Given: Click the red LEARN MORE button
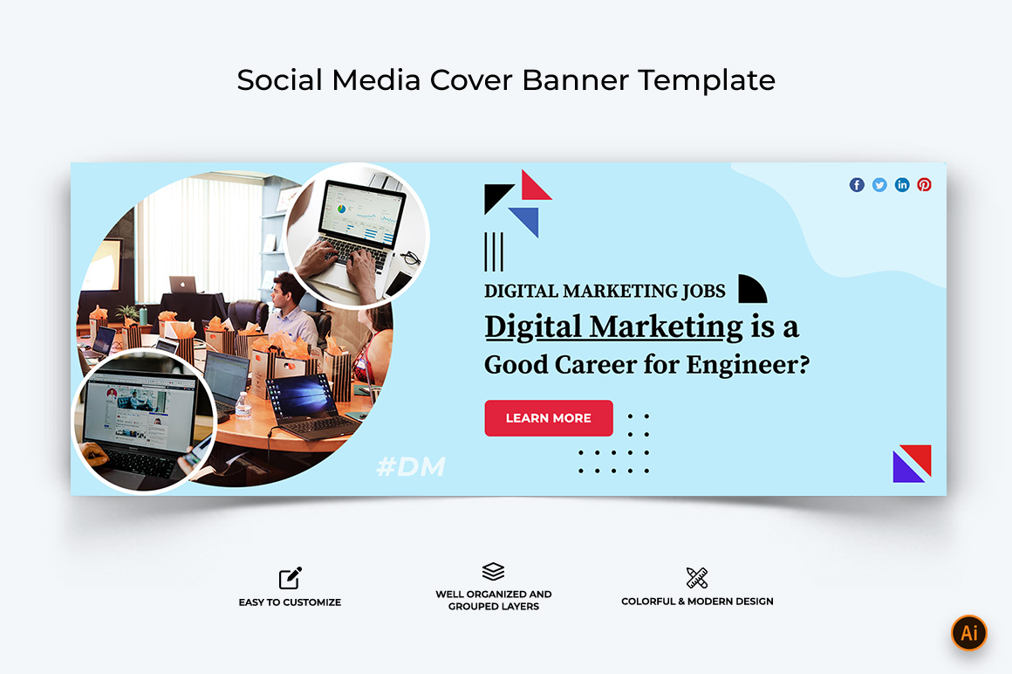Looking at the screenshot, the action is tap(549, 417).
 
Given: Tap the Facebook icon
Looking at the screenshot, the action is tap(857, 185).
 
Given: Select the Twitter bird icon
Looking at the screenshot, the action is tap(879, 185).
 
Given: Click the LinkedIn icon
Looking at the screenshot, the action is tap(901, 185).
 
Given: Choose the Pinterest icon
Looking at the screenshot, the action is tap(924, 185).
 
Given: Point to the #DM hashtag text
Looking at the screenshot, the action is tap(411, 466).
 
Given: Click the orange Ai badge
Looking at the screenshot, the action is tap(968, 633).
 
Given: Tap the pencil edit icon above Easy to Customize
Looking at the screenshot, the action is tap(291, 578).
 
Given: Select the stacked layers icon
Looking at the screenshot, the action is tap(493, 571).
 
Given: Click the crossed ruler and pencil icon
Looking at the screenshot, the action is tap(697, 578).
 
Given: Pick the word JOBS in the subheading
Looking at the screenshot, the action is tap(703, 291).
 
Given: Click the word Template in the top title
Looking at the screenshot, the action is tap(707, 80).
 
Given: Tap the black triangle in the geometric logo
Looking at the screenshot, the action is tap(497, 197).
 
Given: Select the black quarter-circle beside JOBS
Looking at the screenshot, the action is tap(752, 289).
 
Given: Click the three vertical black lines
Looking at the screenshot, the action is tap(494, 251).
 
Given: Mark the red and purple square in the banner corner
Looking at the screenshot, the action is tap(912, 464).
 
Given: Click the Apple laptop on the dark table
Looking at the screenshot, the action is tap(182, 284).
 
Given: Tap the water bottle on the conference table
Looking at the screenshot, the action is tap(243, 406).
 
